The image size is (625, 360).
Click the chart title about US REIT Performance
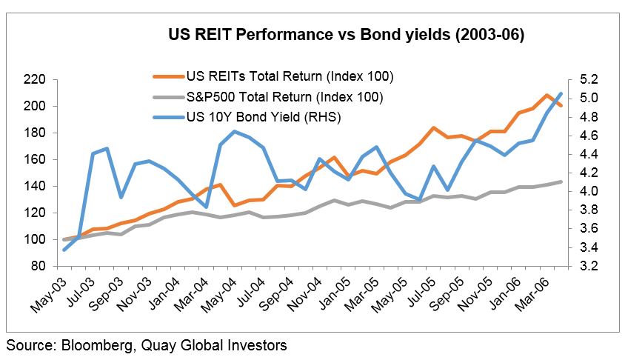tap(346, 35)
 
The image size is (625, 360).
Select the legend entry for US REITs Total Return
tap(290, 76)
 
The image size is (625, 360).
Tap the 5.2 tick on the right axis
tap(578, 79)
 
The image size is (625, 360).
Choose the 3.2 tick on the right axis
tap(578, 266)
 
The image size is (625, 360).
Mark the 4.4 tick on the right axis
tap(578, 154)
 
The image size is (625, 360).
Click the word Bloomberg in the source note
tap(89, 345)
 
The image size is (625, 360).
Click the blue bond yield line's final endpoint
tap(561, 93)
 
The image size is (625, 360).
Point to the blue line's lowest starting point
tap(64, 250)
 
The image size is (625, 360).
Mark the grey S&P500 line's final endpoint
tap(561, 181)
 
